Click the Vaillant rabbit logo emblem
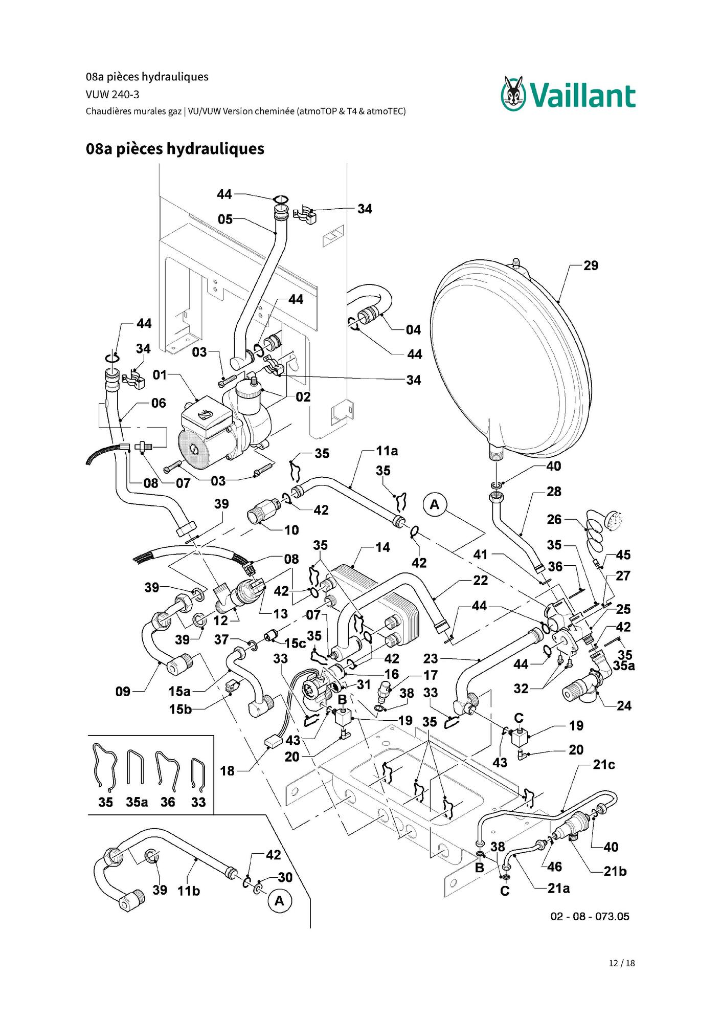(513, 93)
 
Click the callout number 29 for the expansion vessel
(591, 265)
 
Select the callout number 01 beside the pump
(160, 375)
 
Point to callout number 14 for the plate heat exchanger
(382, 547)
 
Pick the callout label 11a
(387, 451)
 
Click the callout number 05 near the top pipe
(226, 219)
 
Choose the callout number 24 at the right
(624, 706)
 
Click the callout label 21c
(604, 765)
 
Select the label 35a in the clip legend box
(137, 802)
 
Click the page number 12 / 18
(622, 963)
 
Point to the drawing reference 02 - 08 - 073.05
(590, 916)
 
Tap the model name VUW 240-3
(112, 95)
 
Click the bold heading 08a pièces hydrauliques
(175, 149)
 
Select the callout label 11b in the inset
(189, 891)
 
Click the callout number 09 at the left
(123, 692)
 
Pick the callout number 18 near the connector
(228, 771)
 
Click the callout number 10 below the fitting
(291, 530)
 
